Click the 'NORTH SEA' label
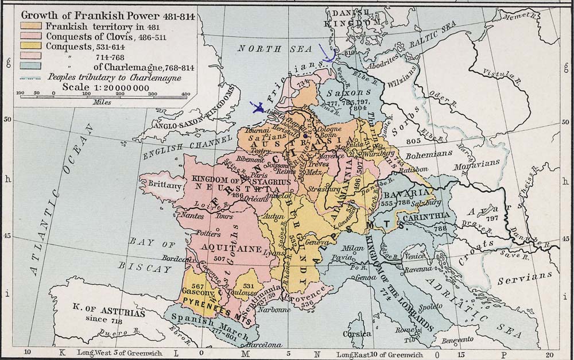(265, 49)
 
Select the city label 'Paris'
(259, 175)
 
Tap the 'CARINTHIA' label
(426, 216)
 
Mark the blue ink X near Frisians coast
(257, 107)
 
